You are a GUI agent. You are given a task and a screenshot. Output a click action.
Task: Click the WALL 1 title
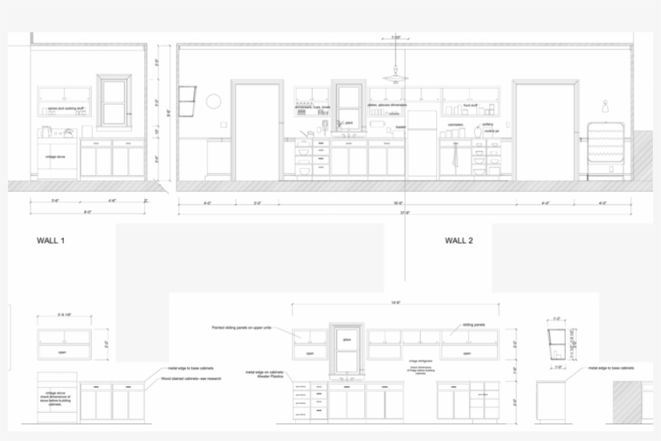(52, 240)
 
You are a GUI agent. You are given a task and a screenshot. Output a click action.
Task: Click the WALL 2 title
(459, 240)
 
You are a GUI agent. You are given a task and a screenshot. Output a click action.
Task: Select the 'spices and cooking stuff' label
(63, 106)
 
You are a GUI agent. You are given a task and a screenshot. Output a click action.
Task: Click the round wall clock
(214, 101)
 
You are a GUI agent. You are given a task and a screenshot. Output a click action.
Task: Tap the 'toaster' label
(400, 127)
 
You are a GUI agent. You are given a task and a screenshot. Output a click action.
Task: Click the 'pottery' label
(488, 124)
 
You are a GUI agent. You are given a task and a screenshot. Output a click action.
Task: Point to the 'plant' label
(349, 123)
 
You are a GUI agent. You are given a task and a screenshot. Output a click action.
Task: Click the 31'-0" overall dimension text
(405, 213)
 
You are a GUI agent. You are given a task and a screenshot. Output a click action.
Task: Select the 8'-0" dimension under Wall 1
(87, 213)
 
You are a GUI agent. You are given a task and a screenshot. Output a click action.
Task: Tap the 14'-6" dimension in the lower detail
(395, 303)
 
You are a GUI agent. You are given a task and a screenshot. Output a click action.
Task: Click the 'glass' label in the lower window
(347, 340)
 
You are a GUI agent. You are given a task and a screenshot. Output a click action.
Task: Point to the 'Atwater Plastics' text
(268, 377)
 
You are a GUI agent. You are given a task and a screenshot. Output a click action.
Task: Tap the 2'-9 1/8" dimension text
(64, 314)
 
